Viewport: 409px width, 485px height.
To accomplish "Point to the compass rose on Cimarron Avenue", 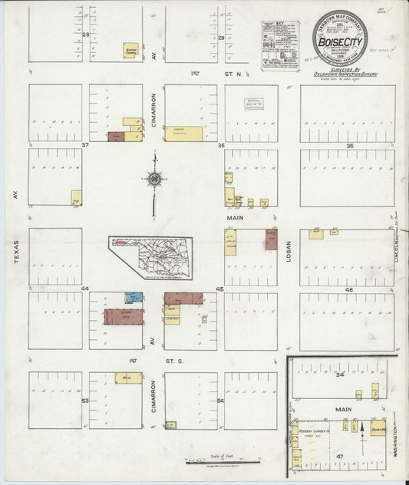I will pyautogui.click(x=155, y=180).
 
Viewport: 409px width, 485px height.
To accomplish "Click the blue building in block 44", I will pyautogui.click(x=134, y=296).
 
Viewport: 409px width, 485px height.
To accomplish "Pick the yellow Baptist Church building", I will pyautogui.click(x=130, y=51).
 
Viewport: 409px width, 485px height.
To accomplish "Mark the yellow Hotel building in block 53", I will pyautogui.click(x=128, y=378).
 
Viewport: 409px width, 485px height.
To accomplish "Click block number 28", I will pyautogui.click(x=87, y=36).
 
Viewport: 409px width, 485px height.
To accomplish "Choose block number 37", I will pyautogui.click(x=86, y=144).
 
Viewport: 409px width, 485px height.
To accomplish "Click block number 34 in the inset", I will pyautogui.click(x=339, y=375).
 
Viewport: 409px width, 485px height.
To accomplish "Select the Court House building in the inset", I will pyautogui.click(x=378, y=427).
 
